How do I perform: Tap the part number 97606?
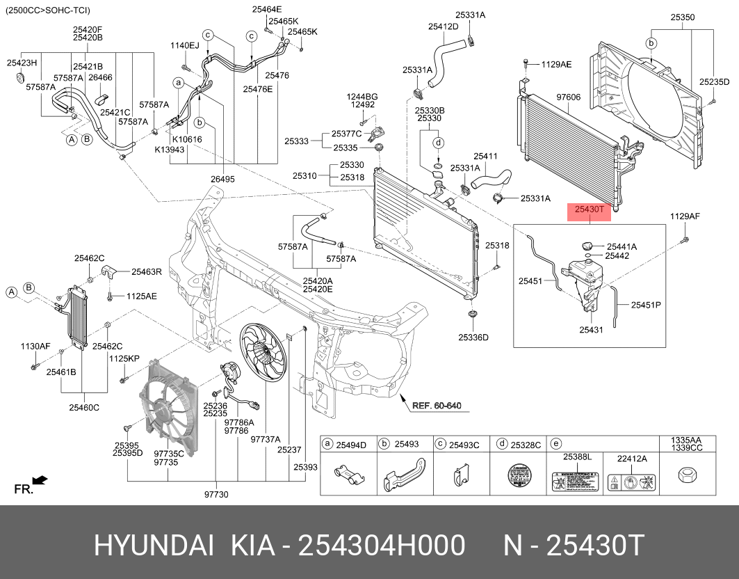pos(567,97)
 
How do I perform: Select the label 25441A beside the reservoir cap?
pos(622,246)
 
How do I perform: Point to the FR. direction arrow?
pos(40,479)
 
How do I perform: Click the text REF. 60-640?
pos(437,406)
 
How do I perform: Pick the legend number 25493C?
pos(464,445)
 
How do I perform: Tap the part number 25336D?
pos(473,338)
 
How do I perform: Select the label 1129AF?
pos(685,216)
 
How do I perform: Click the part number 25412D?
pos(443,26)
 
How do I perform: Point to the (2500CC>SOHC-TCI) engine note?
pos(47,10)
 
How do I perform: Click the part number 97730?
pos(216,495)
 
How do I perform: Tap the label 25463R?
pos(147,272)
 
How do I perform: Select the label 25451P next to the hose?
pos(646,305)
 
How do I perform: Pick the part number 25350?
pos(683,15)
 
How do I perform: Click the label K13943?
pos(169,150)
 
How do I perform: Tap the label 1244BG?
pos(364,96)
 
